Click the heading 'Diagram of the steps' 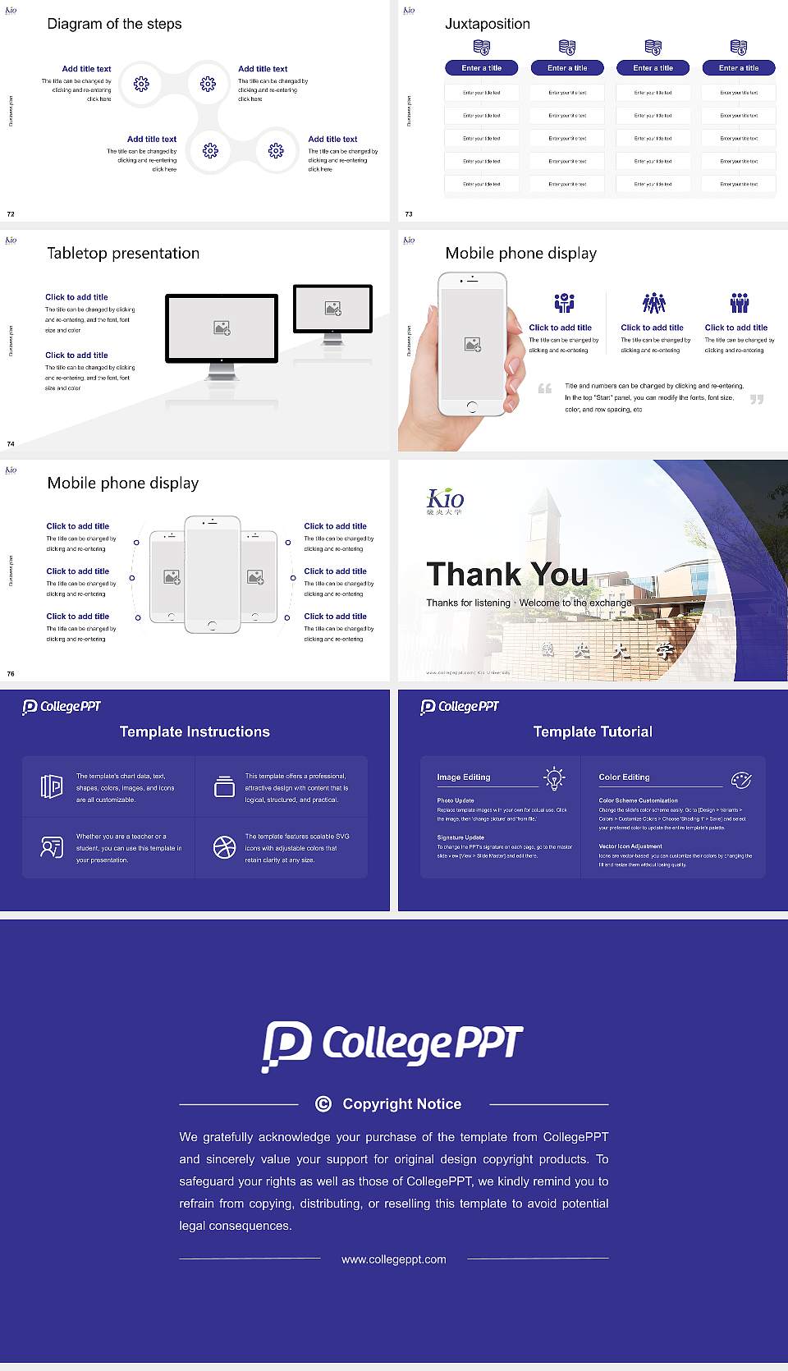114,24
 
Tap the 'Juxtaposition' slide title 487,24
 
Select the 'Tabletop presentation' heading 123,253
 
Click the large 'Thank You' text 507,574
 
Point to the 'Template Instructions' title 195,731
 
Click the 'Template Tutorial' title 593,731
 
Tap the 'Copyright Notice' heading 401,1104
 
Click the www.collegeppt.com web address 394,1259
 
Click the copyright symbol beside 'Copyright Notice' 323,1104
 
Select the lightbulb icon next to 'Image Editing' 555,778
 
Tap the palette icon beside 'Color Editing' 741,779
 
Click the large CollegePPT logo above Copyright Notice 393,1045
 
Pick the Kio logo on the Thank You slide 445,500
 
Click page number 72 11,214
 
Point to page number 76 11,674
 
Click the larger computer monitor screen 222,328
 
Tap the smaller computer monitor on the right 332,309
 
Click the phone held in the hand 472,343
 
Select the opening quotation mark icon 545,388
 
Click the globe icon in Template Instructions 224,847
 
